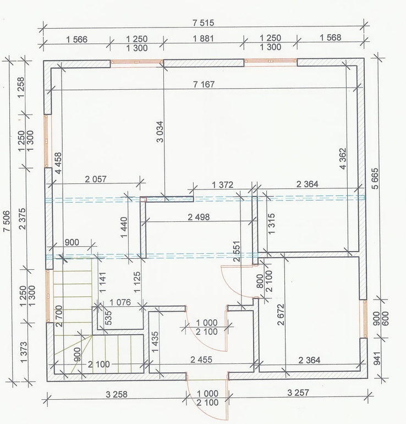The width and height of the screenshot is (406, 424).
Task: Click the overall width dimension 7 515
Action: (x=203, y=23)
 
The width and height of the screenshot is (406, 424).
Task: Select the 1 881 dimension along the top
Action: (x=203, y=39)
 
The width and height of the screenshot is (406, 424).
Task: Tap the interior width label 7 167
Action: (x=204, y=84)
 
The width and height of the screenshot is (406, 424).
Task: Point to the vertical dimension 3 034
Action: (x=160, y=132)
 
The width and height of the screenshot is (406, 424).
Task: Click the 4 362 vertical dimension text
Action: (x=343, y=159)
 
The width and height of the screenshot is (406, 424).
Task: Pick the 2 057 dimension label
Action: (x=96, y=179)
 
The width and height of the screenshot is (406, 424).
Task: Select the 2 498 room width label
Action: (x=199, y=217)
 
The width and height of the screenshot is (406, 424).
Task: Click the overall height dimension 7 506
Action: (x=6, y=221)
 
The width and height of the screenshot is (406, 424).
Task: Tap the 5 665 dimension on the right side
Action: (x=376, y=178)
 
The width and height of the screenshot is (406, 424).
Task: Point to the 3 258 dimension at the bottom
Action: (x=117, y=394)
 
